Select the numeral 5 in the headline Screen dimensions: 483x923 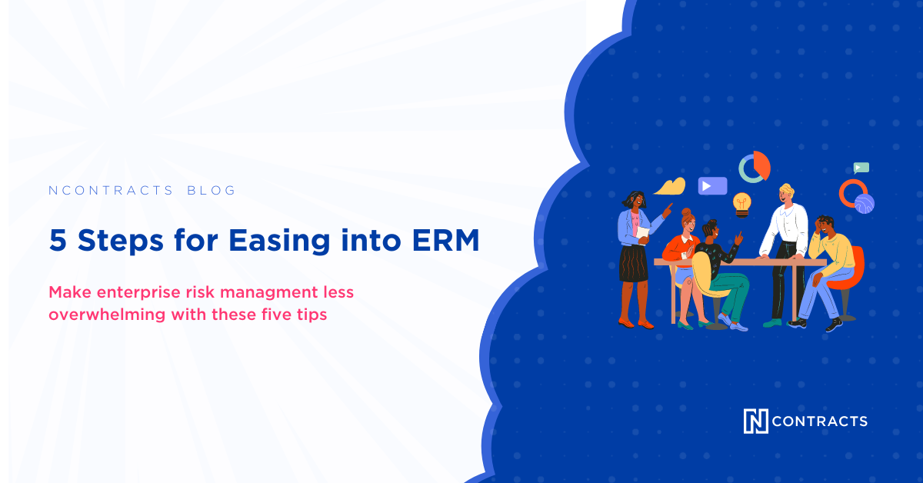click(57, 241)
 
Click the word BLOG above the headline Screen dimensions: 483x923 click(212, 191)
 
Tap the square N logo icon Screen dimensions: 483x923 click(755, 421)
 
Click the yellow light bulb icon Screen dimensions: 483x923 click(741, 204)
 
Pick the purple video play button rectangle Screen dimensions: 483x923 click(712, 185)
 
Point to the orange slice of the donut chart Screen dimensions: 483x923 click(761, 164)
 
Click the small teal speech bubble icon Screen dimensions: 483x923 click(861, 167)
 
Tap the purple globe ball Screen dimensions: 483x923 click(865, 203)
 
